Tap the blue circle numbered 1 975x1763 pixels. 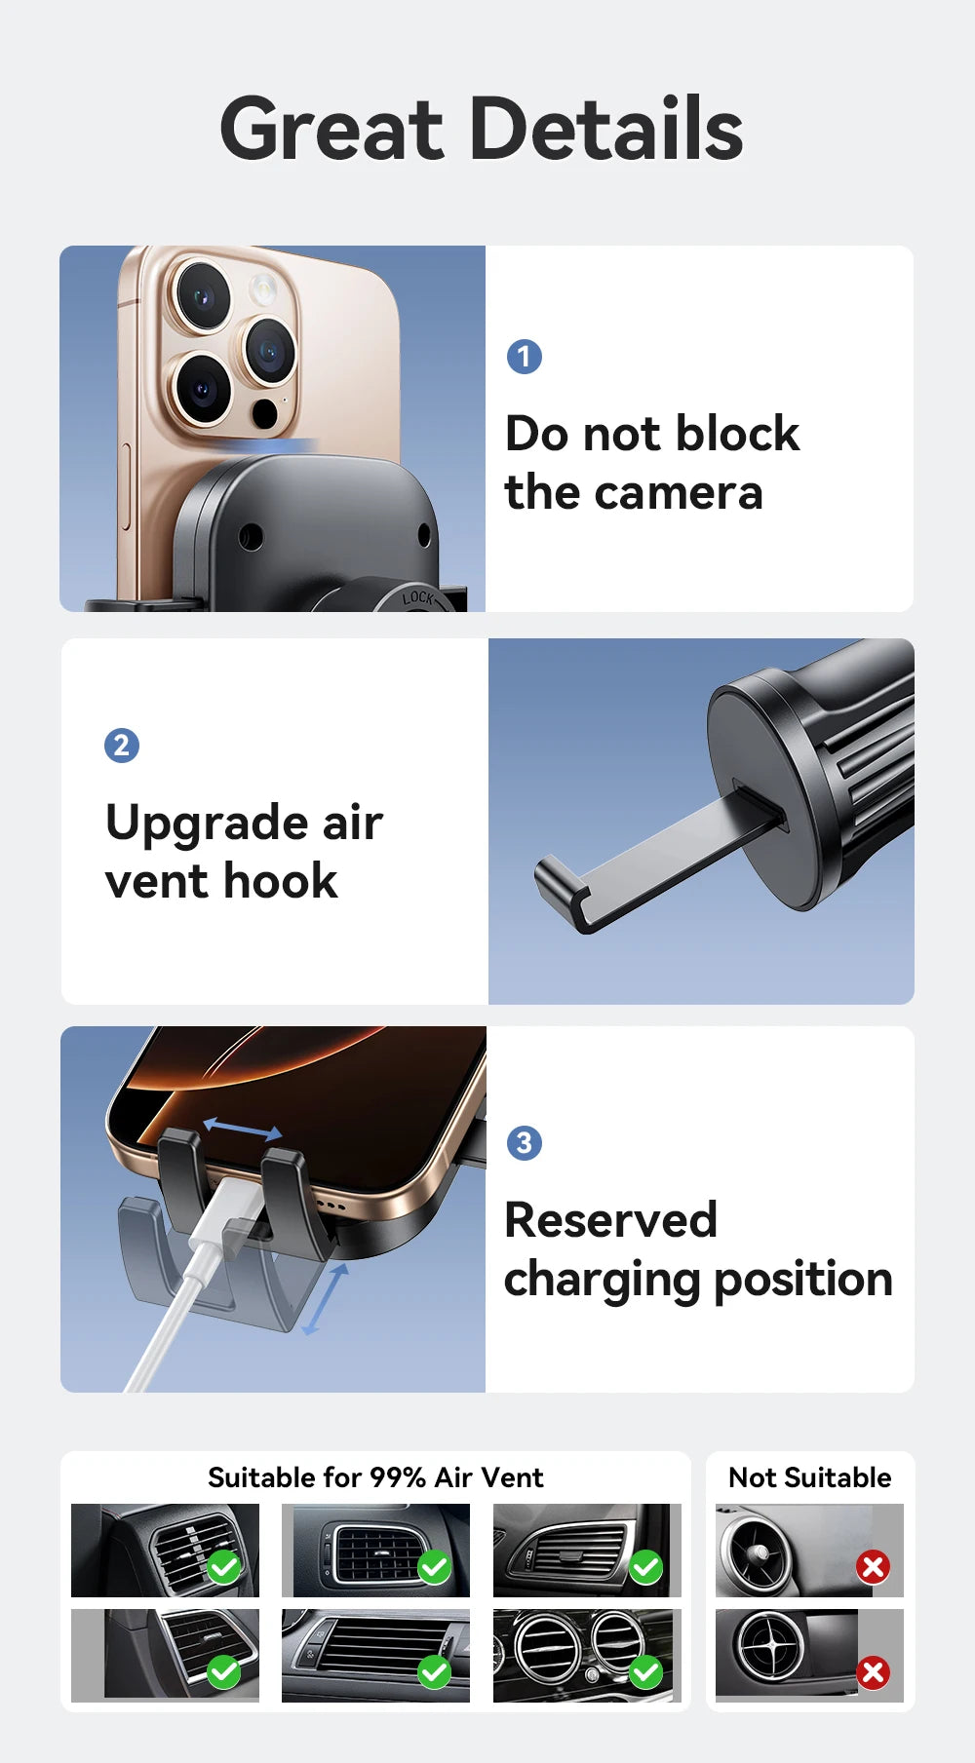[525, 357]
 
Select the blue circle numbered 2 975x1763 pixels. [122, 746]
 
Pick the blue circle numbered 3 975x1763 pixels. [525, 1142]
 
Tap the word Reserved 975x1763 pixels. [610, 1220]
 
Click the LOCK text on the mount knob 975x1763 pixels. [418, 596]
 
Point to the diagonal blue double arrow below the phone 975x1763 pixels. [325, 1300]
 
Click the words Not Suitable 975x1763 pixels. [809, 1477]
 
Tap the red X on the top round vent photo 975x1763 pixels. [873, 1567]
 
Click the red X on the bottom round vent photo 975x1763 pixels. [873, 1672]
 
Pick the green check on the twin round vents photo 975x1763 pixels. [645, 1672]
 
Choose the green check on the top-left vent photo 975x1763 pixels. [223, 1567]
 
